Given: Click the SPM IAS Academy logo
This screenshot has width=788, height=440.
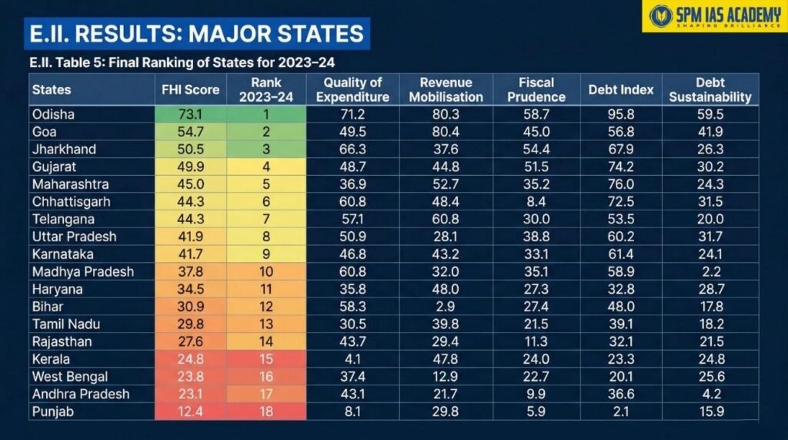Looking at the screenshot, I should pyautogui.click(x=714, y=15).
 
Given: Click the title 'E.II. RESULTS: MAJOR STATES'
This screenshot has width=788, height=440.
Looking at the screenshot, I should pyautogui.click(x=196, y=34).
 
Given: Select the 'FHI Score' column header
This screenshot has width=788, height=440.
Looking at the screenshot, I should pyautogui.click(x=190, y=89).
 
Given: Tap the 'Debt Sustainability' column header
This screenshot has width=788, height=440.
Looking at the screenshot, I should pyautogui.click(x=710, y=89).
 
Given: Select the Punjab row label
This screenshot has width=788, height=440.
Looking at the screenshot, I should pyautogui.click(x=52, y=411).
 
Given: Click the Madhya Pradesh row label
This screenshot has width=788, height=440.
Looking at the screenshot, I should pyautogui.click(x=82, y=271).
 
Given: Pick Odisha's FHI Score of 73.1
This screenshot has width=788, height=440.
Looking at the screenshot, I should pyautogui.click(x=190, y=114).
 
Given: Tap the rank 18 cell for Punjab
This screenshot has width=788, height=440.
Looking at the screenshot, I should pyautogui.click(x=266, y=411).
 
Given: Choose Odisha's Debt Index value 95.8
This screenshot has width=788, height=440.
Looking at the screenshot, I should pyautogui.click(x=619, y=114).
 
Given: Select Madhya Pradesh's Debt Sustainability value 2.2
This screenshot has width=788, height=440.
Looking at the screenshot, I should pyautogui.click(x=710, y=271).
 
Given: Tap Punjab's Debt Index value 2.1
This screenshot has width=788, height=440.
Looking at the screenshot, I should pyautogui.click(x=619, y=411).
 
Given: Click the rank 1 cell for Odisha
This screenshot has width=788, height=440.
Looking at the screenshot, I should pyautogui.click(x=266, y=114).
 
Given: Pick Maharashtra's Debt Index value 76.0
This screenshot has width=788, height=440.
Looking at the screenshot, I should pyautogui.click(x=619, y=184).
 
